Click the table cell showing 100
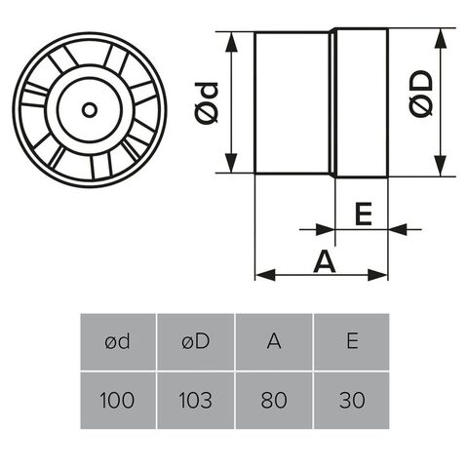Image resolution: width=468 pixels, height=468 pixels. tap(118, 401)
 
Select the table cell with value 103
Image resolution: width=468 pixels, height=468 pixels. tap(196, 401)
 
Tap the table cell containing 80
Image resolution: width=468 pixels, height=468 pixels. tap(274, 401)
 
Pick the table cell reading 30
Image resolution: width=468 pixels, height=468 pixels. tap(352, 401)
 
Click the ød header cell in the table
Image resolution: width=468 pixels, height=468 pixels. tap(118, 341)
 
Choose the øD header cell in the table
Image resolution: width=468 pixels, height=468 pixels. tap(196, 341)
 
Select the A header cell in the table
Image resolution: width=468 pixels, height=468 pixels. tap(274, 341)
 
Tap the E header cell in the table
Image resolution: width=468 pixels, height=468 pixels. tap(352, 341)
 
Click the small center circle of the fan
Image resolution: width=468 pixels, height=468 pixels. tap(90, 110)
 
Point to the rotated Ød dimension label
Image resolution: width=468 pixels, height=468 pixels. tap(207, 103)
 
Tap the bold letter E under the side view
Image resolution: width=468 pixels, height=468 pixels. tap(364, 214)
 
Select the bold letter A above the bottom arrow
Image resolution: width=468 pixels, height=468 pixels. tap(325, 261)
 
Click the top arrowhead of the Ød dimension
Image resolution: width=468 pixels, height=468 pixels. tap(231, 42)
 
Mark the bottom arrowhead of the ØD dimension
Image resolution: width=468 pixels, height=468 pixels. tap(440, 166)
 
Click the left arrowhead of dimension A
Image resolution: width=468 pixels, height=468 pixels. tap(265, 275)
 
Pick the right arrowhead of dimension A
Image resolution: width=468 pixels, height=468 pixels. tap(377, 275)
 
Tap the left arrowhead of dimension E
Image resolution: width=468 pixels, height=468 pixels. tap(325, 229)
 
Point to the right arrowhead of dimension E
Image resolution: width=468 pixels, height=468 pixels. tap(398, 229)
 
